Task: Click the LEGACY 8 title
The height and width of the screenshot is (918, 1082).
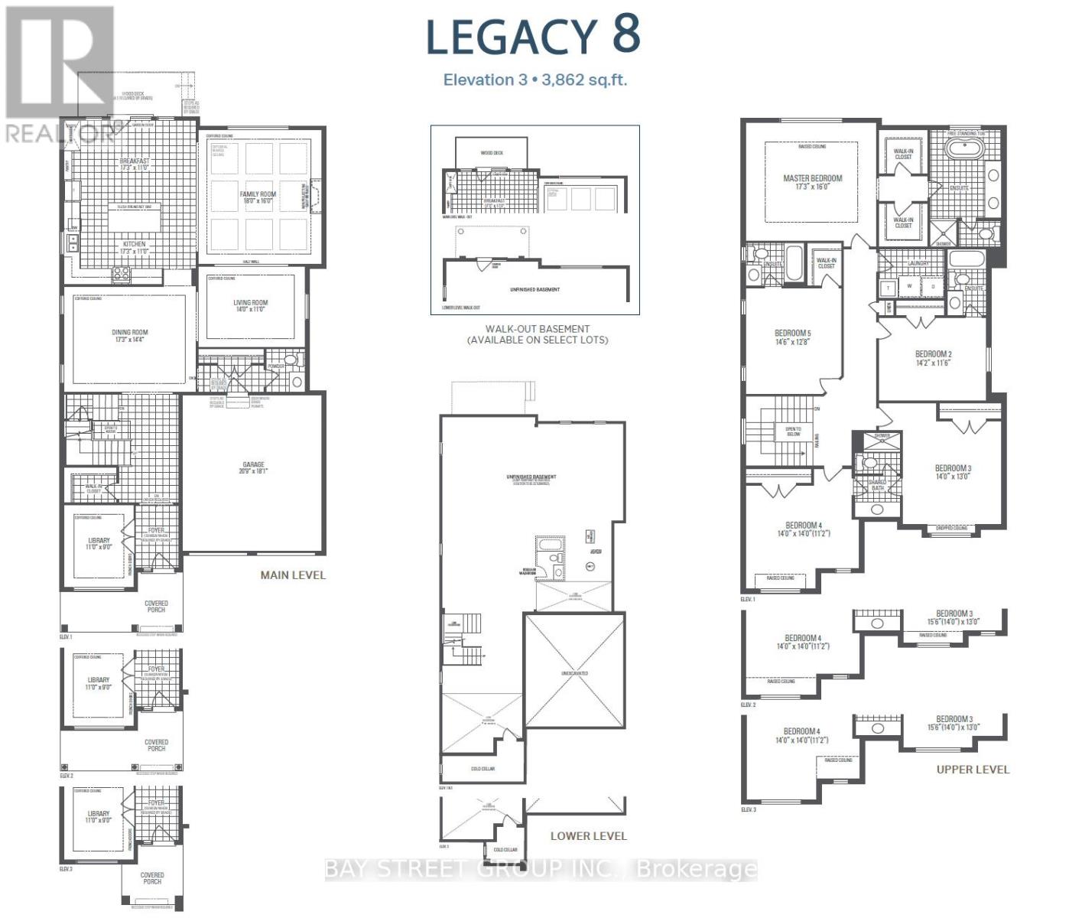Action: [x=533, y=36]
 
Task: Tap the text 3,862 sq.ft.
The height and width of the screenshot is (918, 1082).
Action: [x=584, y=80]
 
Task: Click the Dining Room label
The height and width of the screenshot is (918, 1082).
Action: [x=130, y=336]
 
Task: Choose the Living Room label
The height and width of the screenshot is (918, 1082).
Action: [x=251, y=306]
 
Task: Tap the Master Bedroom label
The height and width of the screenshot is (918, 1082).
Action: [x=812, y=182]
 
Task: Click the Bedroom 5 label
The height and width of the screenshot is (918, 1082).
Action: [x=792, y=337]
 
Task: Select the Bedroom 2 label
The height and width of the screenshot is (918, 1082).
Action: [x=933, y=358]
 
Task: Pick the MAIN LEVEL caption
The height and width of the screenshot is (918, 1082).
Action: [x=293, y=575]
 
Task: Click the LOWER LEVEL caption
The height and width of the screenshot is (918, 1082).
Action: [x=588, y=836]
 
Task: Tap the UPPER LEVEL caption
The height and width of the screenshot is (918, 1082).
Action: [x=973, y=770]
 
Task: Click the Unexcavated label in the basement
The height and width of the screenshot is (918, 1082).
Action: [x=574, y=673]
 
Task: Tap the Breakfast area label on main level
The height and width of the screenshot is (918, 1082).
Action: [x=135, y=164]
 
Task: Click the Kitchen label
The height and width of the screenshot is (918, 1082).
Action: [x=134, y=247]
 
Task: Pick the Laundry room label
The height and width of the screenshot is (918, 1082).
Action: [x=918, y=263]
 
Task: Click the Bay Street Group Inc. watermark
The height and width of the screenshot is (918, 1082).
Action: [x=541, y=870]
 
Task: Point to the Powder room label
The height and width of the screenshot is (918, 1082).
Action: [x=276, y=366]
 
